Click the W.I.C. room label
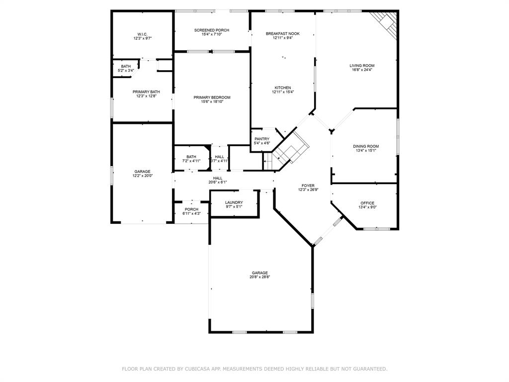click(143, 34)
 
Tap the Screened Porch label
click(212, 30)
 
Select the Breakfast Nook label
click(282, 33)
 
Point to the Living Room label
click(362, 65)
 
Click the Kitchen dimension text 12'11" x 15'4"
click(283, 92)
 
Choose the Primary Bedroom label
click(212, 97)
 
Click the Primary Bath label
click(146, 92)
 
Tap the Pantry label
click(262, 139)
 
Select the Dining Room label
click(366, 146)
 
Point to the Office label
click(367, 203)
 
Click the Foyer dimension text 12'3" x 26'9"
click(308, 190)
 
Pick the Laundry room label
click(234, 202)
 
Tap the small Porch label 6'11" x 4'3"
click(191, 209)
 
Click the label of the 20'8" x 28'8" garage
click(259, 273)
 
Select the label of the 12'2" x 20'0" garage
click(143, 172)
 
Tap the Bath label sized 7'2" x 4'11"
click(191, 157)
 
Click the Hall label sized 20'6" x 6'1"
click(218, 178)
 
